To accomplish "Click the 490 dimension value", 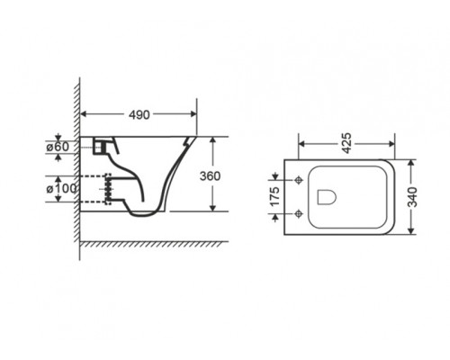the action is click(139, 114).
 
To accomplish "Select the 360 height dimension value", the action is click(210, 176).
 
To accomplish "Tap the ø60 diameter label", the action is click(58, 147).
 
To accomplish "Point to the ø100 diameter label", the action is click(61, 189).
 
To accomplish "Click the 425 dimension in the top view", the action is click(346, 143).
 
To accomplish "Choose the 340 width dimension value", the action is click(413, 196).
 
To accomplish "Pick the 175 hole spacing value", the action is click(274, 196).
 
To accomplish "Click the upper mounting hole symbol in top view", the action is click(299, 180).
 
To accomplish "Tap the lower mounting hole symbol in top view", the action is click(299, 213).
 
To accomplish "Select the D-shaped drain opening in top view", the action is click(326, 197).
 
